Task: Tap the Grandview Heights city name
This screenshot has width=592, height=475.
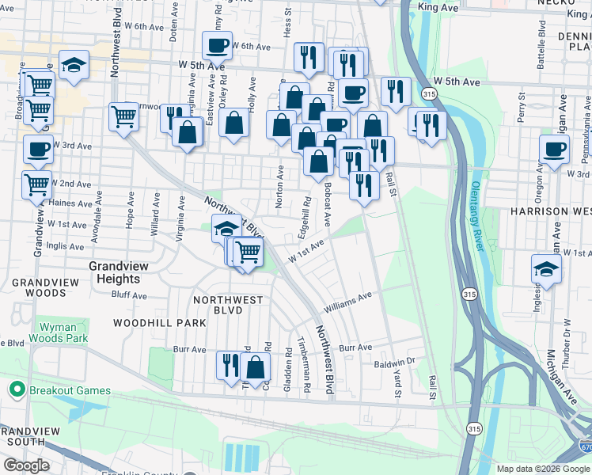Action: click(x=114, y=273)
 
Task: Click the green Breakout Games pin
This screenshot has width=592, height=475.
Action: click(x=15, y=389)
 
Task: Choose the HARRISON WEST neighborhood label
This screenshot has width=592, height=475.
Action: click(x=550, y=211)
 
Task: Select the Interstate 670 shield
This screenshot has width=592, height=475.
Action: click(x=585, y=448)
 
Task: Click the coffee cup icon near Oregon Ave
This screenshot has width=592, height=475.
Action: click(x=554, y=149)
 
